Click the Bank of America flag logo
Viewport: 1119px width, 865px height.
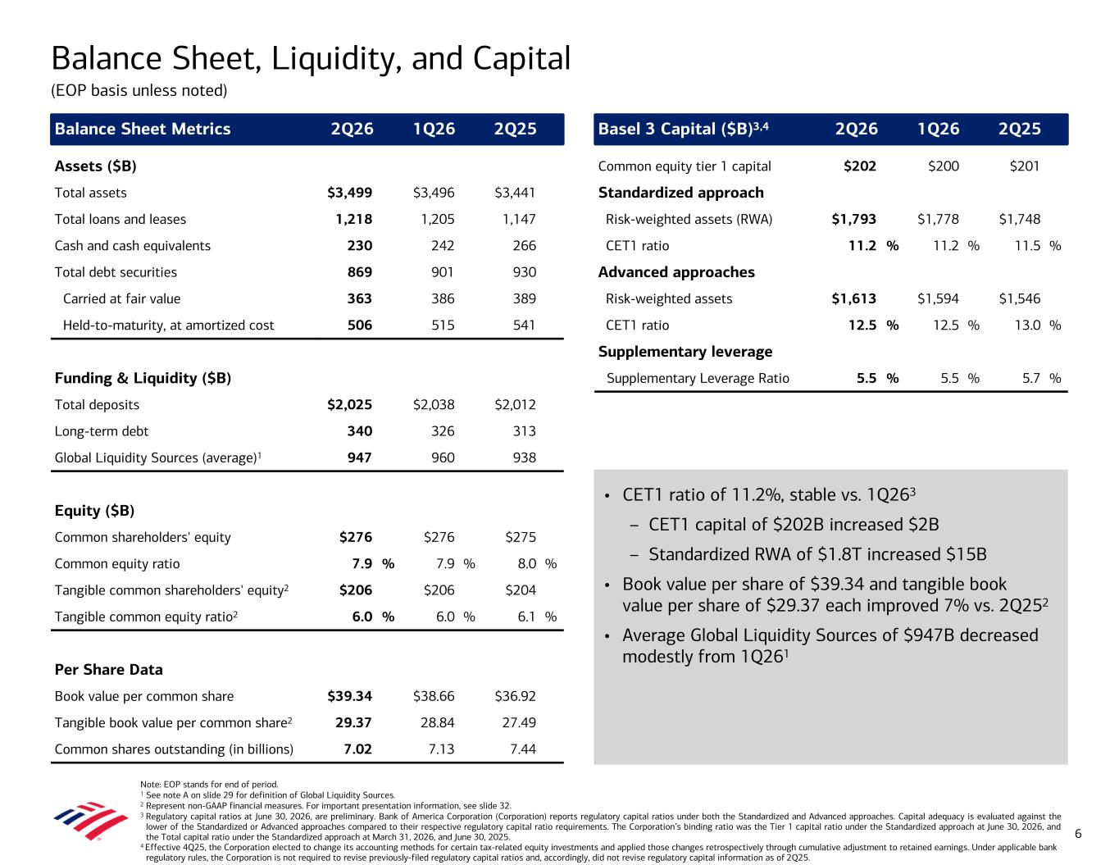pyautogui.click(x=91, y=821)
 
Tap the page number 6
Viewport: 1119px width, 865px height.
pyautogui.click(x=1078, y=834)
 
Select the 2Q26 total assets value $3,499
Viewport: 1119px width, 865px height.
pyautogui.click(x=350, y=193)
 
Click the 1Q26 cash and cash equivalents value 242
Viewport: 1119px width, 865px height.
pyautogui.click(x=443, y=246)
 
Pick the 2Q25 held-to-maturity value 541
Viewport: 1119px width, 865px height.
pyautogui.click(x=524, y=325)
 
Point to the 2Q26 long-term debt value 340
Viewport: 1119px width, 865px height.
pyautogui.click(x=359, y=431)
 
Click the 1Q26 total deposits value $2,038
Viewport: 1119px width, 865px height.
pyautogui.click(x=434, y=405)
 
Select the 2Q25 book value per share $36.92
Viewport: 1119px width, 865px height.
pyautogui.click(x=515, y=696)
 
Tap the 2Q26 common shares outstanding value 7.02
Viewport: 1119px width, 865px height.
pyautogui.click(x=358, y=749)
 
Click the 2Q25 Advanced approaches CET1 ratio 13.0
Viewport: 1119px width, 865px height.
pyautogui.click(x=1027, y=325)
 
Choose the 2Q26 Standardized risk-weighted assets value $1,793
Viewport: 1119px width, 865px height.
pyautogui.click(x=853, y=220)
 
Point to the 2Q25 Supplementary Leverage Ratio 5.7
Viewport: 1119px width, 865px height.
pyautogui.click(x=1031, y=378)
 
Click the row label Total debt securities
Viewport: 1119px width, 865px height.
pyautogui.click(x=116, y=272)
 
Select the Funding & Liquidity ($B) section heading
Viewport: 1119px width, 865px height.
pyautogui.click(x=143, y=378)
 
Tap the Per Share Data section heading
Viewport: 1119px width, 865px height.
pyautogui.click(x=109, y=669)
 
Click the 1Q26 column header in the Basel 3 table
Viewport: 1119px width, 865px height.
pyautogui.click(x=939, y=129)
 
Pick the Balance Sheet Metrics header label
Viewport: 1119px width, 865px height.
pyautogui.click(x=143, y=129)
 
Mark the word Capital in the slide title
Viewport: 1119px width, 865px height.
pyautogui.click(x=521, y=58)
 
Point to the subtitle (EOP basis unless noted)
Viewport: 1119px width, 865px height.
pyautogui.click(x=139, y=91)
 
